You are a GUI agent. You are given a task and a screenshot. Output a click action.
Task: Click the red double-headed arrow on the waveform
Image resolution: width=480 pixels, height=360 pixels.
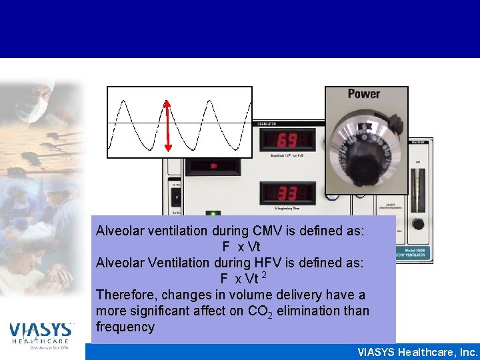coord(168,125)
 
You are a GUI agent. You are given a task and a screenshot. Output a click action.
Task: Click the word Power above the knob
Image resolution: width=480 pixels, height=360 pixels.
coord(364,94)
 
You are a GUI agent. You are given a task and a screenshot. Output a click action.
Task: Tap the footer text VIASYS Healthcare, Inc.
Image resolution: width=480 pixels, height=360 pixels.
coord(418,352)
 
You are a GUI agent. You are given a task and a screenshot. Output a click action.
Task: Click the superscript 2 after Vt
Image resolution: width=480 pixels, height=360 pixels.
coord(265,275)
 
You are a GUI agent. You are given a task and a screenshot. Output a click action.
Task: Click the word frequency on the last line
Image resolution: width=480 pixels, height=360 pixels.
coord(125,327)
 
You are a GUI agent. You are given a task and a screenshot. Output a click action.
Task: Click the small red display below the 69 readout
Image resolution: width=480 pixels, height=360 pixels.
coord(213,167)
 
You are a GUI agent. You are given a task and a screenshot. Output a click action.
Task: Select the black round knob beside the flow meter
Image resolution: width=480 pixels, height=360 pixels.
coord(418,224)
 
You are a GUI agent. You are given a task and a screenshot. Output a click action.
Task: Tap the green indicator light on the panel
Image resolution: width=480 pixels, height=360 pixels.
coord(214,215)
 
